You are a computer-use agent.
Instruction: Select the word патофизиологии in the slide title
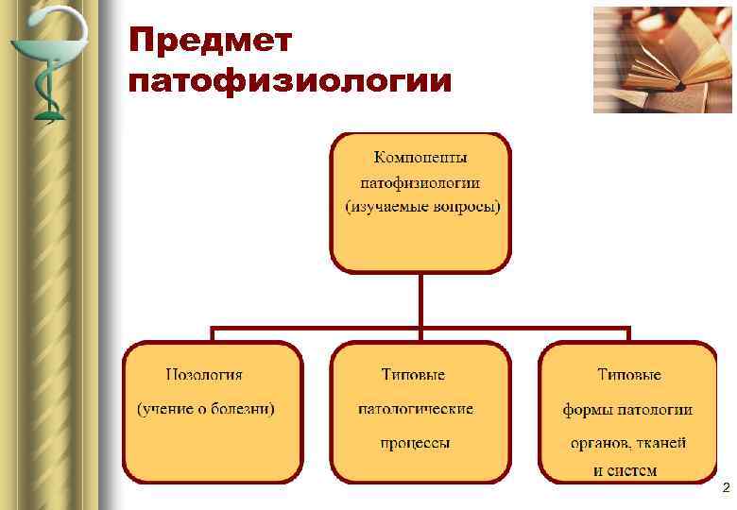[290, 81]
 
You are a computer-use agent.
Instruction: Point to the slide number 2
[725, 488]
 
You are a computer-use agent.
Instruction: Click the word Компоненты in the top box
[420, 157]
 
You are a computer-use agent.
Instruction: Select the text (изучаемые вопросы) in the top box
[421, 205]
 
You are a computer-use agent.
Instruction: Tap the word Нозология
[204, 375]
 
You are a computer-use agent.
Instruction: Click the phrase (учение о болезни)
[206, 409]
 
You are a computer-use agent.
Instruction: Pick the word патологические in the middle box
[415, 409]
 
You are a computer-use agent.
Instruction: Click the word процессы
[415, 442]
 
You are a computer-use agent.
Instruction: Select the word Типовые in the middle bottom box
[413, 375]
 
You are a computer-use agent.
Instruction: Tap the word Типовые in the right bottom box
[628, 375]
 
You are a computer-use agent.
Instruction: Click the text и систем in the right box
[626, 469]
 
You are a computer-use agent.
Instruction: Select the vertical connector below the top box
[420, 300]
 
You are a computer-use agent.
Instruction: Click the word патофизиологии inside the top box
[420, 181]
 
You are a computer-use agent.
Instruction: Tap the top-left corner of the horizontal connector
[213, 330]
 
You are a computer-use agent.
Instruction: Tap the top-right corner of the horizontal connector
[627, 330]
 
